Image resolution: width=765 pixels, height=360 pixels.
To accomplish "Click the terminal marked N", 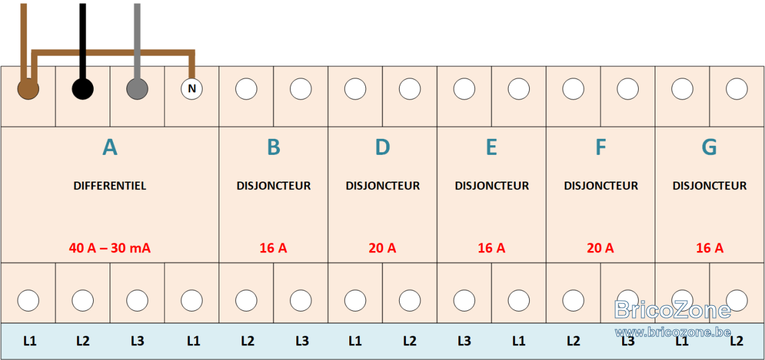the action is (x=192, y=89).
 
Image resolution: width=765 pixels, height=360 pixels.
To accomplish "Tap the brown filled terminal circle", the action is (x=28, y=89).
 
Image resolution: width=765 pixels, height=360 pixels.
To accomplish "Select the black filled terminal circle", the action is (x=83, y=89).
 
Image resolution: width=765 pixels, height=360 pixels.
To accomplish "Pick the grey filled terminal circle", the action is (x=137, y=89).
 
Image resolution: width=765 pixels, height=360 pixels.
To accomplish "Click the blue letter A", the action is (x=110, y=147).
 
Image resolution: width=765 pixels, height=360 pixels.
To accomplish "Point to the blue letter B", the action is (x=273, y=147).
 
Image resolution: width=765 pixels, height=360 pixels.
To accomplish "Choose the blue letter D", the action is (x=382, y=147).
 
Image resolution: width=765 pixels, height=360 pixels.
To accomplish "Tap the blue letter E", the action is (x=492, y=147).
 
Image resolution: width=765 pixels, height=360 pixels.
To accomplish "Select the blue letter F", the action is (x=601, y=147).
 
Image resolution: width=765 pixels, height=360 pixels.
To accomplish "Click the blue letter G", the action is (x=710, y=147).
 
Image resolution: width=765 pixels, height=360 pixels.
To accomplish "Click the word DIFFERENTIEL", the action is (x=110, y=185).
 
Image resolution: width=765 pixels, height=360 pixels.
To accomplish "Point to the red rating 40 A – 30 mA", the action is (x=110, y=248).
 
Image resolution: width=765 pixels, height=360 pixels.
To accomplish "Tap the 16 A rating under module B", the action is (x=273, y=248).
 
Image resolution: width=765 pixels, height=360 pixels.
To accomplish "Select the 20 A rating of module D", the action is (x=382, y=248).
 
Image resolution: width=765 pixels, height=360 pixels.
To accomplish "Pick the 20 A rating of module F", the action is (x=601, y=248).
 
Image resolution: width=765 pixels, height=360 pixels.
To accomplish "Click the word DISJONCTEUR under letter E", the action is (x=492, y=185).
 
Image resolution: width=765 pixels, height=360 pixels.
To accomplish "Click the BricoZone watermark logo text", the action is (x=673, y=310).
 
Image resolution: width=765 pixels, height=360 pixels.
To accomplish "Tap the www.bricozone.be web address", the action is (x=673, y=332).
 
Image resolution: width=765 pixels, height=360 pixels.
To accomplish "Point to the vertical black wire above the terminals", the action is (x=83, y=41).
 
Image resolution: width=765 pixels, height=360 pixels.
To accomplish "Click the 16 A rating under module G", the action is (x=710, y=248).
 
